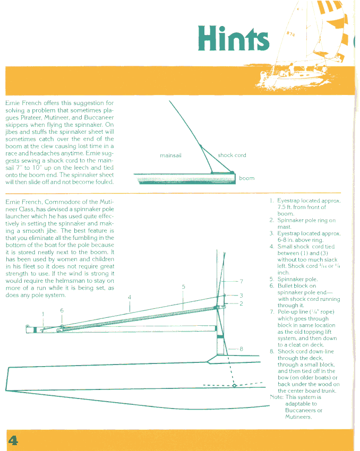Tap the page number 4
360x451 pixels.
point(13,440)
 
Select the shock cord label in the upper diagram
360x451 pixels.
point(232,155)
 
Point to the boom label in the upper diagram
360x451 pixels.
point(246,178)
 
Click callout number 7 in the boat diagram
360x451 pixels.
point(241,281)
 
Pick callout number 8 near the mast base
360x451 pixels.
point(241,349)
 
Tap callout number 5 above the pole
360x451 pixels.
point(183,287)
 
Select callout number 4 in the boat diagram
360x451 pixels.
point(130,298)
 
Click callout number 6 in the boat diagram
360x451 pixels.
point(62,310)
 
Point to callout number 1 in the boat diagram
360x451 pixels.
point(44,314)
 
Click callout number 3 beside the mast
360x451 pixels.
point(241,295)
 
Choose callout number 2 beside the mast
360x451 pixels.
point(241,303)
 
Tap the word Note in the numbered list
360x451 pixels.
point(276,397)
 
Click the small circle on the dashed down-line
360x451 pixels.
point(234,386)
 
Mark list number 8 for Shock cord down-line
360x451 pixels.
point(271,351)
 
